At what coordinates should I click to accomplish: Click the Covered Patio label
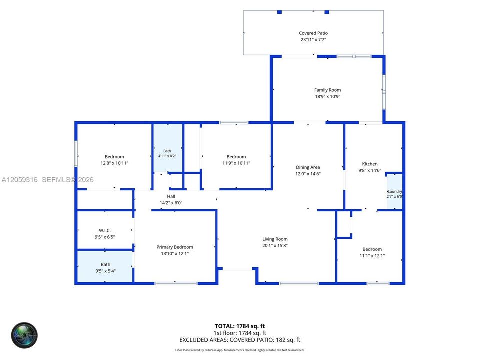click(313, 33)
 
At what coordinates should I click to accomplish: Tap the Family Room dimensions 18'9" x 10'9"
click(328, 96)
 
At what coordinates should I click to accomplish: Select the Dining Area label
click(308, 167)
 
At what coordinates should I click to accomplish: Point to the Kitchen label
click(370, 164)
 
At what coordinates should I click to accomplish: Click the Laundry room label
click(395, 191)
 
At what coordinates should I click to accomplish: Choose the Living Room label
click(275, 239)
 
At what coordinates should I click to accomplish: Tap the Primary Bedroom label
click(175, 247)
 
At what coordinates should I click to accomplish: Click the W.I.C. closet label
click(104, 231)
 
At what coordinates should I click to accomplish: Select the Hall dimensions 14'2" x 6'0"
click(171, 203)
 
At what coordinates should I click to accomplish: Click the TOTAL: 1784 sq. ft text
click(239, 326)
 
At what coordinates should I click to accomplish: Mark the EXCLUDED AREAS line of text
click(240, 340)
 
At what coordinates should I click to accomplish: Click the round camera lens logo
click(24, 335)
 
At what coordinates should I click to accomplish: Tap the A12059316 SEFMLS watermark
click(48, 180)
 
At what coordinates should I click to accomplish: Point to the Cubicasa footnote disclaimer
click(240, 350)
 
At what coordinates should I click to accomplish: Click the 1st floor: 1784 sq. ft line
click(240, 333)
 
